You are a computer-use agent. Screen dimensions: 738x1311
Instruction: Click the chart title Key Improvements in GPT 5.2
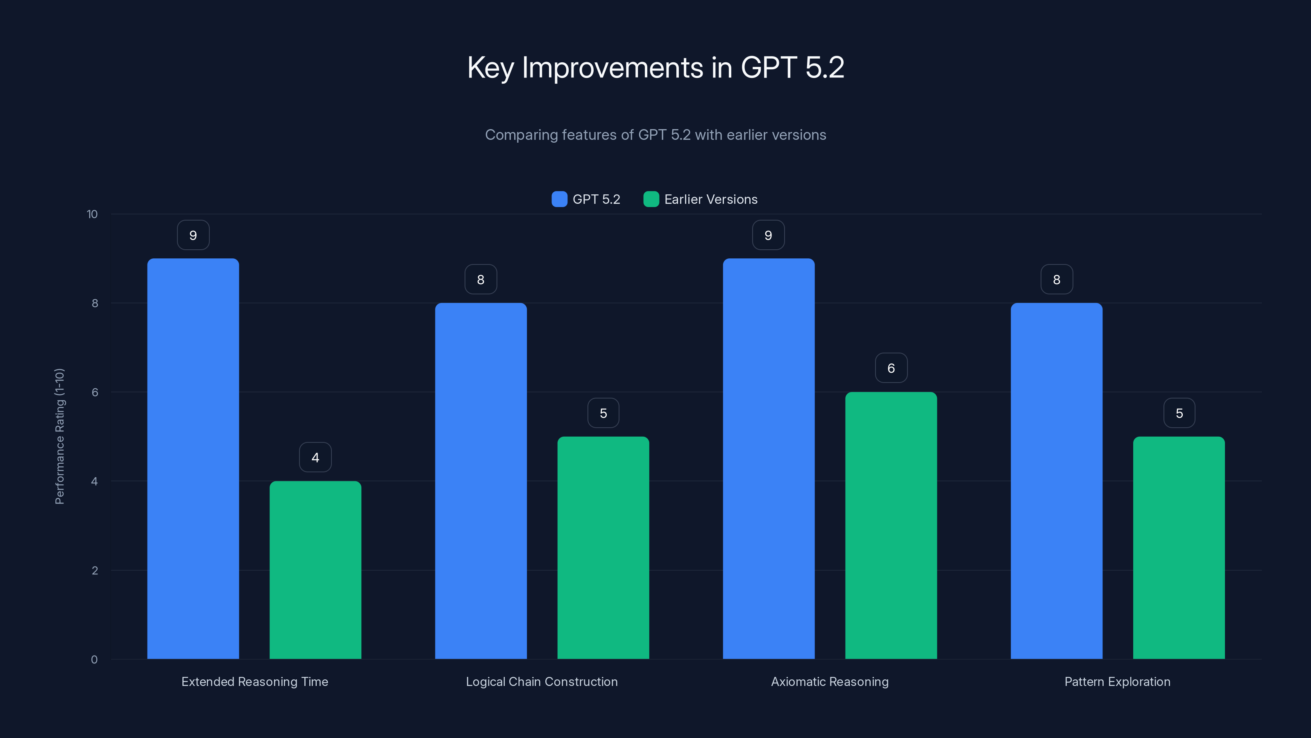coord(655,67)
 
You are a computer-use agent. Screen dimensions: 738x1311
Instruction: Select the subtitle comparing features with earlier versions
coord(655,135)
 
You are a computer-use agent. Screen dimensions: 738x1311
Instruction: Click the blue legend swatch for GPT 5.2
coord(559,199)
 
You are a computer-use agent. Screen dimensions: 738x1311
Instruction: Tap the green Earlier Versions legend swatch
coord(651,199)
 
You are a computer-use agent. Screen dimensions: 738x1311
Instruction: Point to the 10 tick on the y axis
coord(92,214)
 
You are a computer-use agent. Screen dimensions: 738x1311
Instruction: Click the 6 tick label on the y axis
coord(95,392)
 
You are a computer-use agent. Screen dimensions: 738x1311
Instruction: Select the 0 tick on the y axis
coord(94,660)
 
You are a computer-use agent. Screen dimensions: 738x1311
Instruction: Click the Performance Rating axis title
coord(59,437)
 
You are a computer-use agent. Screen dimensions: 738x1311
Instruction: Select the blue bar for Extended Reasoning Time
coord(193,458)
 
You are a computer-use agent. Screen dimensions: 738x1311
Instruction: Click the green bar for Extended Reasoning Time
coord(315,570)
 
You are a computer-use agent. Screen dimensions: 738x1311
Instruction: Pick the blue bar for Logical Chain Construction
coord(481,481)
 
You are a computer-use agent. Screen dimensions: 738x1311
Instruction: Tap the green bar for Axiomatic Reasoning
coord(891,525)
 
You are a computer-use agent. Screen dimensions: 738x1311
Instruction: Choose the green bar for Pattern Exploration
coord(1179,547)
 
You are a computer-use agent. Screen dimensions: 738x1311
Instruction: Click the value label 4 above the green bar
coord(315,458)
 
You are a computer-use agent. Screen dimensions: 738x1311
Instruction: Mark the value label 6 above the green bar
coord(891,368)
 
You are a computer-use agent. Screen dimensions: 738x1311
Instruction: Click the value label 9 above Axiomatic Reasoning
coord(769,235)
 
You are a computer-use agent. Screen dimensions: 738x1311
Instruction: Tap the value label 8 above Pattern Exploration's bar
coord(1057,280)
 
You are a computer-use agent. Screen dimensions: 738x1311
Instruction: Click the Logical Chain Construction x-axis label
coord(542,681)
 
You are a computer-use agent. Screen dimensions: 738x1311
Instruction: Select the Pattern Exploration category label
coord(1117,681)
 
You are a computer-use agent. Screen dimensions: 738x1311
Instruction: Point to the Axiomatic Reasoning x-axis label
coord(830,681)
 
